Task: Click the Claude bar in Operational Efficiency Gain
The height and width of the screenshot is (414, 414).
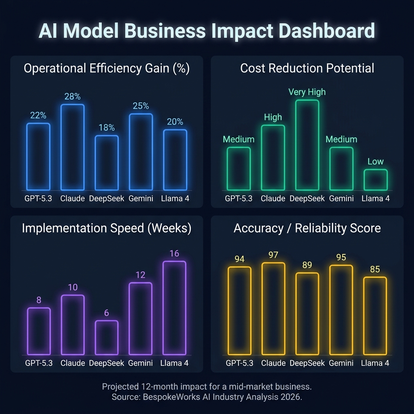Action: pyautogui.click(x=72, y=147)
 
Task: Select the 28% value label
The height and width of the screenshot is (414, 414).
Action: pyautogui.click(x=72, y=97)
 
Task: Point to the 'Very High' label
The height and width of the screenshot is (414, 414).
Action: pyautogui.click(x=307, y=92)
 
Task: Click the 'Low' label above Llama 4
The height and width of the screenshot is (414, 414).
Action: pyautogui.click(x=375, y=162)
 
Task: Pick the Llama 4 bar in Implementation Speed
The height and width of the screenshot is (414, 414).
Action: pyautogui.click(x=174, y=308)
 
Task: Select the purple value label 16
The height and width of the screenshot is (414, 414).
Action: pyautogui.click(x=174, y=253)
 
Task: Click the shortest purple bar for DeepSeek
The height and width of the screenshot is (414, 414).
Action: pyautogui.click(x=107, y=338)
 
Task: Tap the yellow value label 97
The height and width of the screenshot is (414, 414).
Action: pyautogui.click(x=273, y=255)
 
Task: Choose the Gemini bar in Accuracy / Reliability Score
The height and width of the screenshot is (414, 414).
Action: pyautogui.click(x=341, y=310)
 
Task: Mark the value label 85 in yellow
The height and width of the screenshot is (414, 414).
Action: pyautogui.click(x=375, y=269)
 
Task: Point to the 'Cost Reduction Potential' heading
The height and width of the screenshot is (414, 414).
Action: pyautogui.click(x=307, y=68)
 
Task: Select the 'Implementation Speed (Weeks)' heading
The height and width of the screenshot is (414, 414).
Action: pyautogui.click(x=106, y=228)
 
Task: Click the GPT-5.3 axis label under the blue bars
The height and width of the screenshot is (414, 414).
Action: pyautogui.click(x=38, y=199)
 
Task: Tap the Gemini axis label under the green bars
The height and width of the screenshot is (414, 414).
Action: pyautogui.click(x=341, y=199)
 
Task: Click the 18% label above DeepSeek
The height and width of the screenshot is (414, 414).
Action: pyautogui.click(x=107, y=127)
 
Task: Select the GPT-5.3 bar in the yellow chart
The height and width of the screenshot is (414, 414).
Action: pyautogui.click(x=239, y=310)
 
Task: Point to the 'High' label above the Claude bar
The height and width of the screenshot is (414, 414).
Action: pyautogui.click(x=273, y=117)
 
